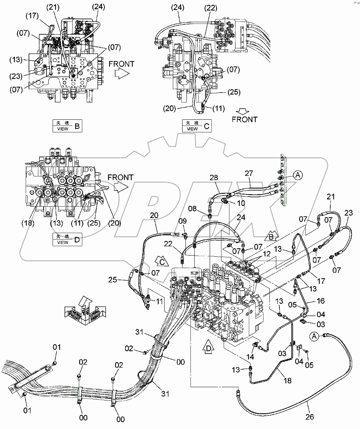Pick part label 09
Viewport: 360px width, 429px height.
[183, 221]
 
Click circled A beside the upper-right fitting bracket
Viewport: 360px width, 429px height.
[298, 175]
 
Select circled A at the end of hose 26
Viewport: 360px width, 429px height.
[314, 336]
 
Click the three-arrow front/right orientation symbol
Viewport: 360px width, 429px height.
[83, 310]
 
